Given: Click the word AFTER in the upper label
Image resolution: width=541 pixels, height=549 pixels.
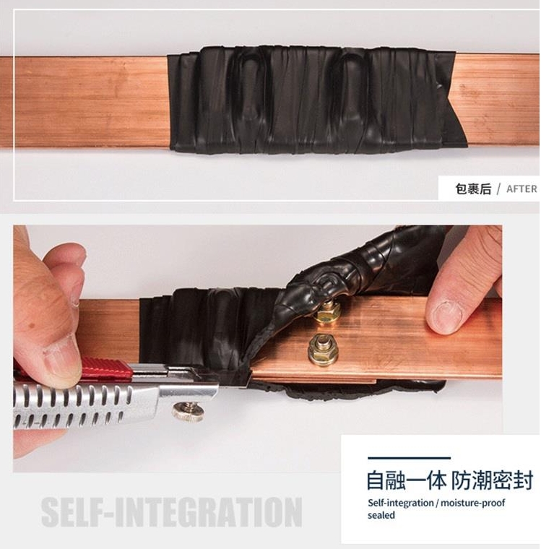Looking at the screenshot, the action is click(x=521, y=189).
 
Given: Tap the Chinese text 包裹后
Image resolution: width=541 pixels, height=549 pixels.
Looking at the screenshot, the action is click(x=473, y=189).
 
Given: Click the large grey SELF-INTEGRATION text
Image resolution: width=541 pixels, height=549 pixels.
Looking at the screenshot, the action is click(x=172, y=512).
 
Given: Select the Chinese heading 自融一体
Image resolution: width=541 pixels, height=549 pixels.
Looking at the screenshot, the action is click(x=407, y=480).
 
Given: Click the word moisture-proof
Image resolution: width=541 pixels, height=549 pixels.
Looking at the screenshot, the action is click(x=472, y=503).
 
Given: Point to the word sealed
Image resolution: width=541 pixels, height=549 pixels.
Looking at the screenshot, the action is click(x=381, y=515).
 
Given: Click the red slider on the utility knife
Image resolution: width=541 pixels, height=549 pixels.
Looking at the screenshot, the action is click(x=108, y=368).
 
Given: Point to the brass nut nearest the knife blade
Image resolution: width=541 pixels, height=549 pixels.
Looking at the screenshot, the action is click(x=323, y=350).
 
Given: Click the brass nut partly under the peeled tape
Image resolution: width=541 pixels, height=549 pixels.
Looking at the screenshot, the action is click(x=327, y=311).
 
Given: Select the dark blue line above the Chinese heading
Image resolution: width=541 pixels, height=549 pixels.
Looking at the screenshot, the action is click(x=409, y=457).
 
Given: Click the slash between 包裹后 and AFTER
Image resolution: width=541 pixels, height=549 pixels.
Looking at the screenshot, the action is click(x=498, y=189).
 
